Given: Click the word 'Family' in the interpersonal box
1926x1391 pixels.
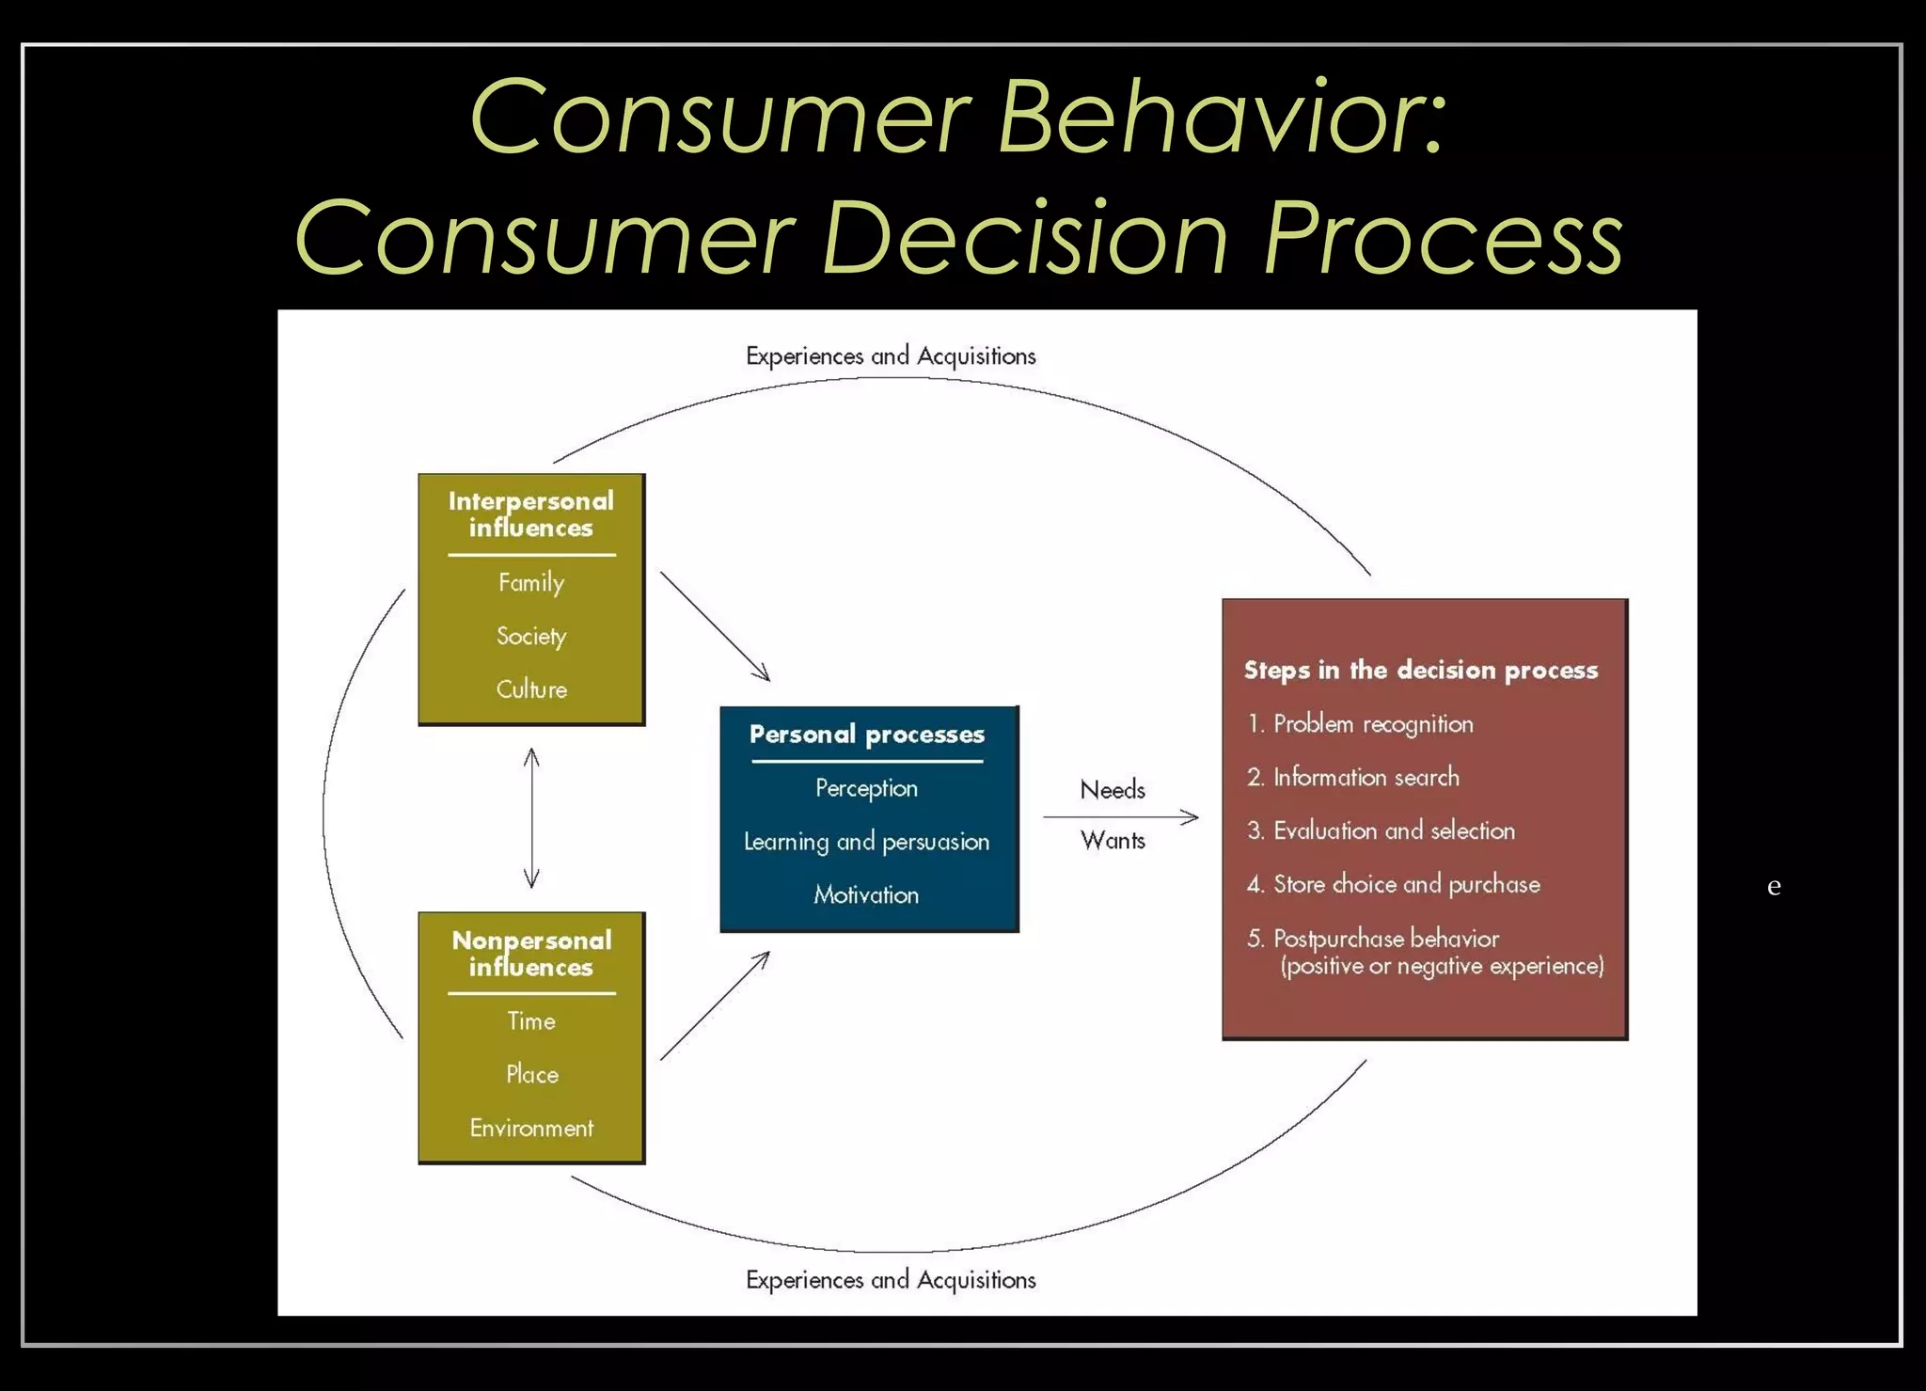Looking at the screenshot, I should point(531,582).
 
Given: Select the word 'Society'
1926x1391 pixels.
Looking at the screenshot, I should point(531,637).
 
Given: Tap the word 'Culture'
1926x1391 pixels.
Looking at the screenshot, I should point(531,689).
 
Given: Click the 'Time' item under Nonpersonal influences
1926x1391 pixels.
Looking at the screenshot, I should point(531,1021).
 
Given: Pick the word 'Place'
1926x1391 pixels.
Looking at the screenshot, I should point(531,1074).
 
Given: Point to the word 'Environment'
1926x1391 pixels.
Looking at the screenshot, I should point(531,1128).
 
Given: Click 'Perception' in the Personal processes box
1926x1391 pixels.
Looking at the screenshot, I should point(866,788).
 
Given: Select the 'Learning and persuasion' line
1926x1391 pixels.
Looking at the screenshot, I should point(866,842).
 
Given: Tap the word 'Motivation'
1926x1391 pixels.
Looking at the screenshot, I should point(866,894).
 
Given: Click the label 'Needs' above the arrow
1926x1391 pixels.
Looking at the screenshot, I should point(1113,790).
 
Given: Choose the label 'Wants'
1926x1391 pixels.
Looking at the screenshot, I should point(1113,840).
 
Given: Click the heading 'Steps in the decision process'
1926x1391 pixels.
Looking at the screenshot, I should point(1420,671).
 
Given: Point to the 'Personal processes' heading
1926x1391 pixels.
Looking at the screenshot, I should point(866,735).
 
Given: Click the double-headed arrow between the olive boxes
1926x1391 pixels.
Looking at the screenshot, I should point(531,817).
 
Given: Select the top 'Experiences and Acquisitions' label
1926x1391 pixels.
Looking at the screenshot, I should point(891,356).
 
